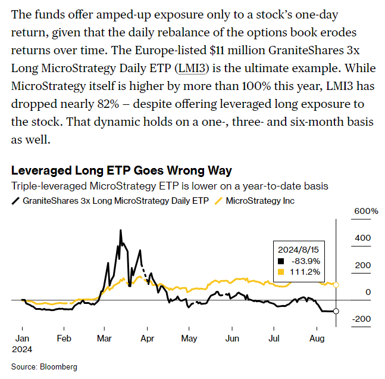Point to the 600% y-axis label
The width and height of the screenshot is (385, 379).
366,211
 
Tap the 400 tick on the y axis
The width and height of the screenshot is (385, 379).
363,238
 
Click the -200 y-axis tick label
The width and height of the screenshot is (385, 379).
362,319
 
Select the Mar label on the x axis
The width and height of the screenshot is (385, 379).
105,338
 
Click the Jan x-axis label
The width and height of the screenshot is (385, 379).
22,338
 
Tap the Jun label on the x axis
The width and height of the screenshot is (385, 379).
233,338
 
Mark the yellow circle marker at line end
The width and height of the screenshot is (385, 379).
336,285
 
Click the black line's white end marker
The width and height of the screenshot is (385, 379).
336,312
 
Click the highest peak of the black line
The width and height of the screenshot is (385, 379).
121,229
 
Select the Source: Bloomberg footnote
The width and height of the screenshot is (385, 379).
44,366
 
